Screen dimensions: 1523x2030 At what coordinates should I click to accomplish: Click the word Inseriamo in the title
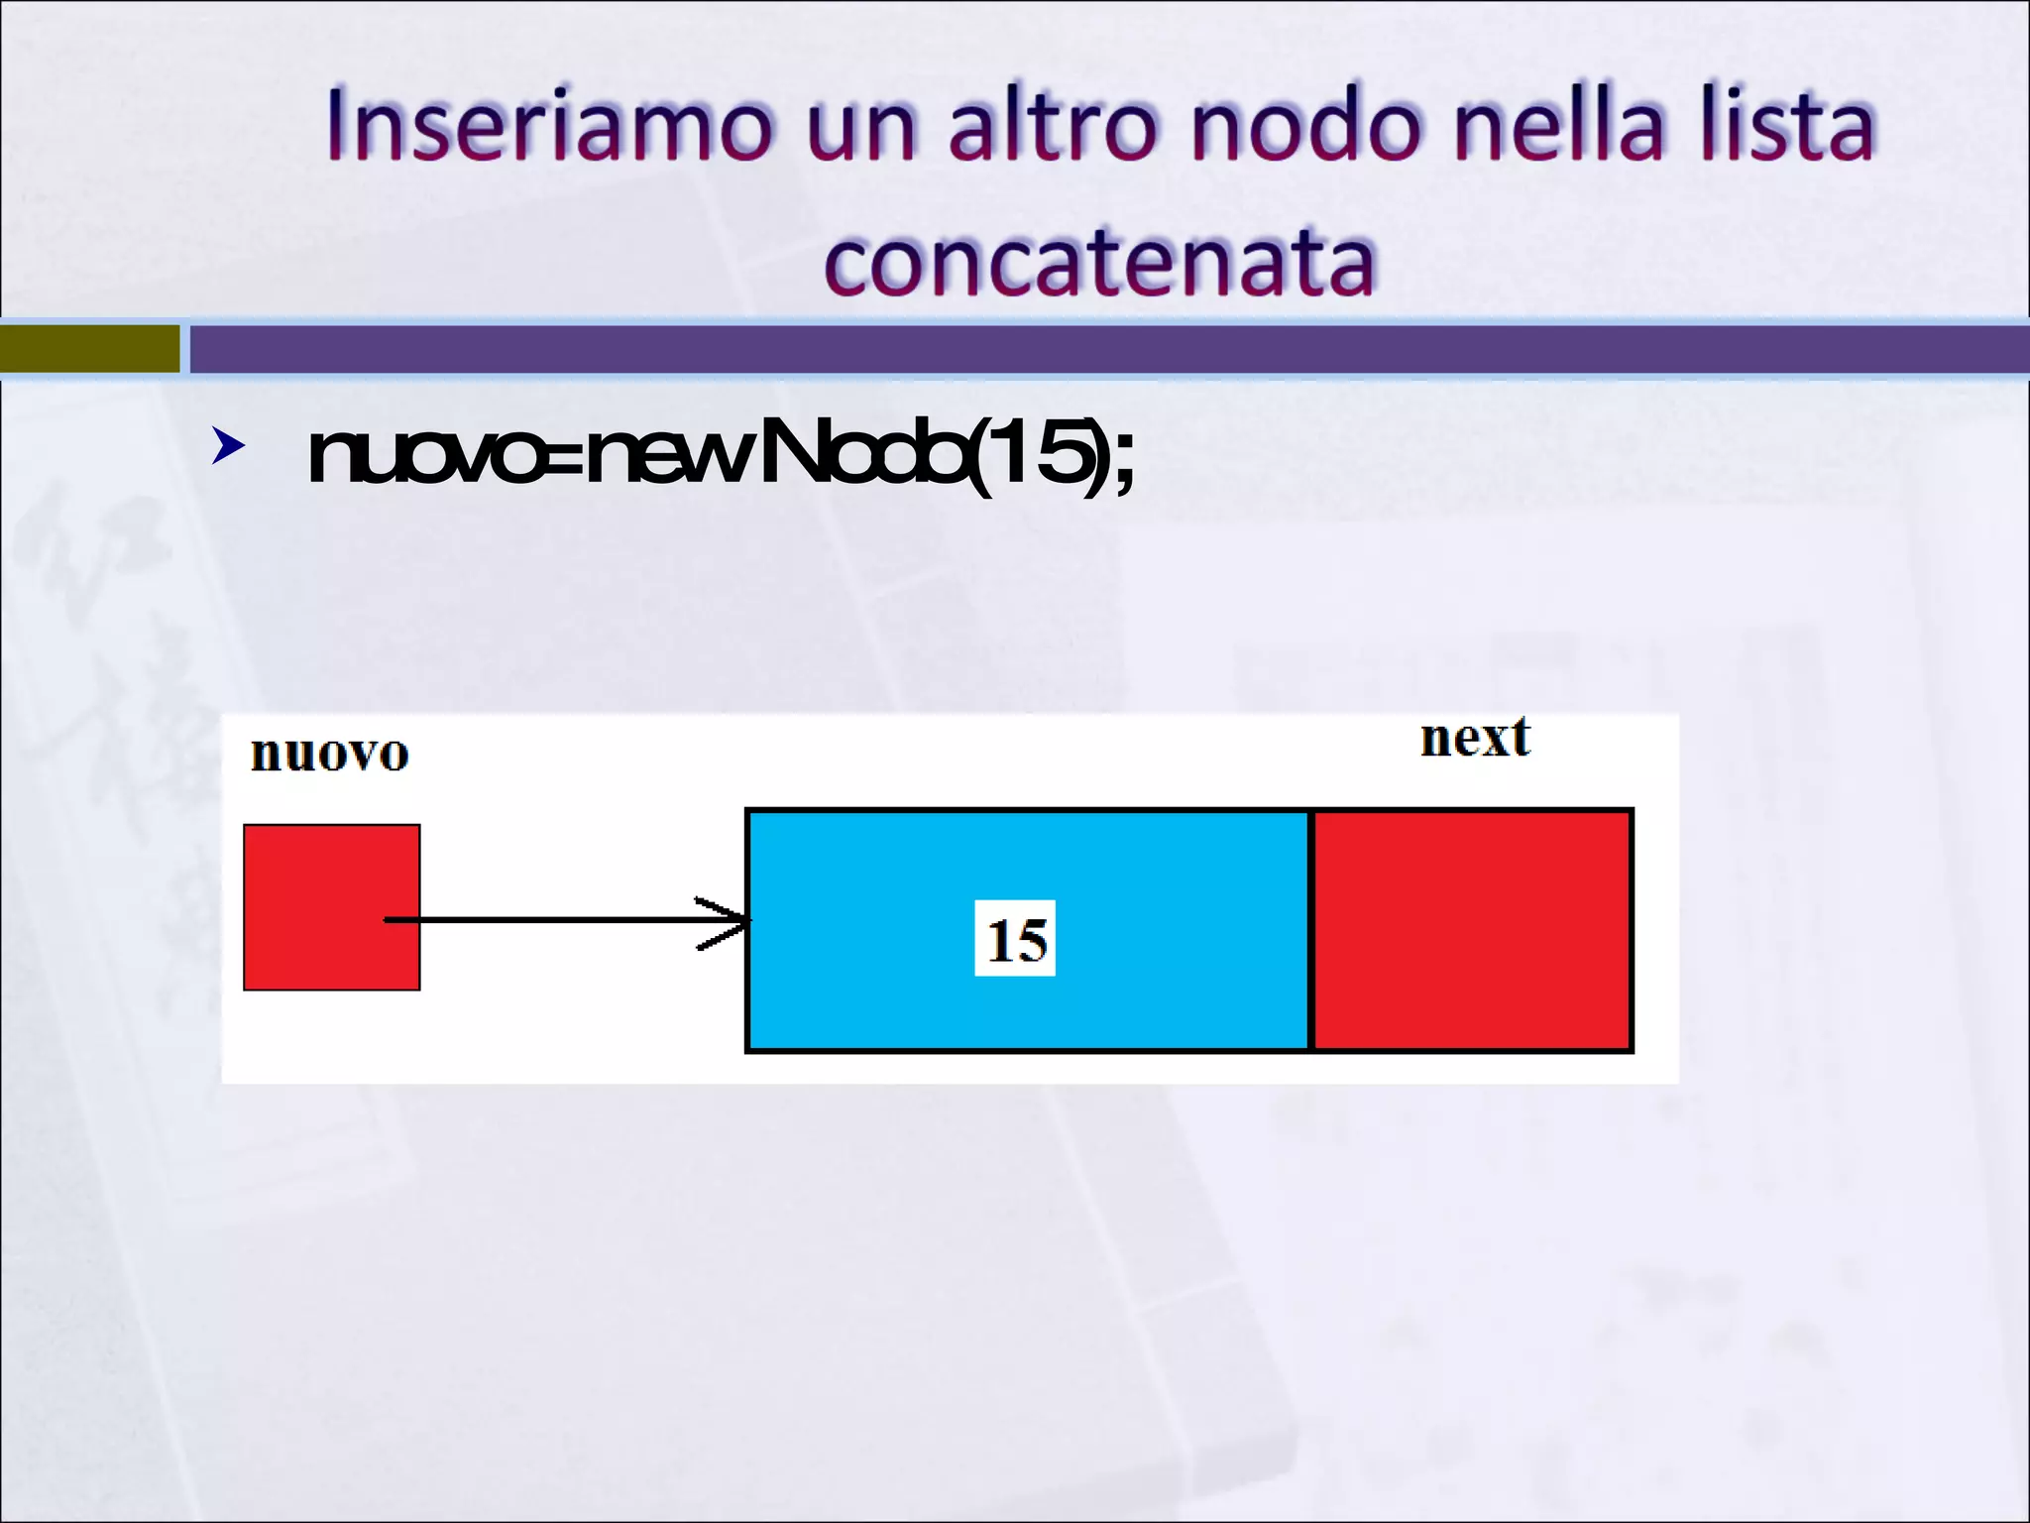(548, 125)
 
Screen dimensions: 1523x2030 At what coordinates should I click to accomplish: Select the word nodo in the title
(1306, 125)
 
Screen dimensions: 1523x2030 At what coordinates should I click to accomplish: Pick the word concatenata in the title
(1099, 262)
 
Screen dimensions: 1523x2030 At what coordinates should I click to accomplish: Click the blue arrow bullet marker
(228, 447)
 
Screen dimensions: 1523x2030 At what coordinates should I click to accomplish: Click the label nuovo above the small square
(329, 754)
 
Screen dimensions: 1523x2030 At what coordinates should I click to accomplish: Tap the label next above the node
(1475, 739)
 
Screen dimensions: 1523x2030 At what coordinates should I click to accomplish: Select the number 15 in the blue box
(1016, 939)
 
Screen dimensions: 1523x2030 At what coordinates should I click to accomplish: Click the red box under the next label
(1472, 930)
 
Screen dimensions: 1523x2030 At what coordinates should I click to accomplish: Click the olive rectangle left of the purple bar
(89, 349)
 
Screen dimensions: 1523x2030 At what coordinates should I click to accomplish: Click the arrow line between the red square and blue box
(555, 920)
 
